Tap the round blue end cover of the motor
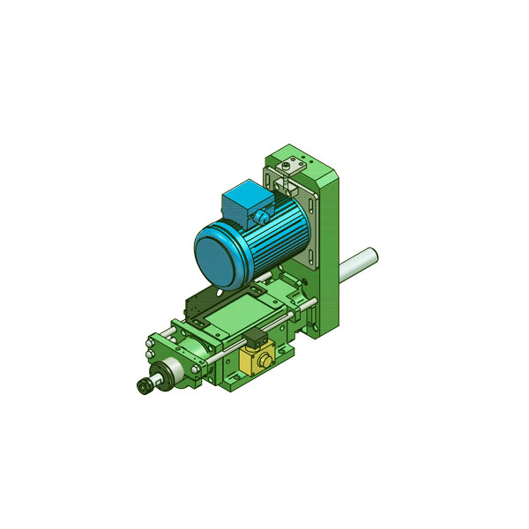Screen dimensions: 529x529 [x=217, y=255]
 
